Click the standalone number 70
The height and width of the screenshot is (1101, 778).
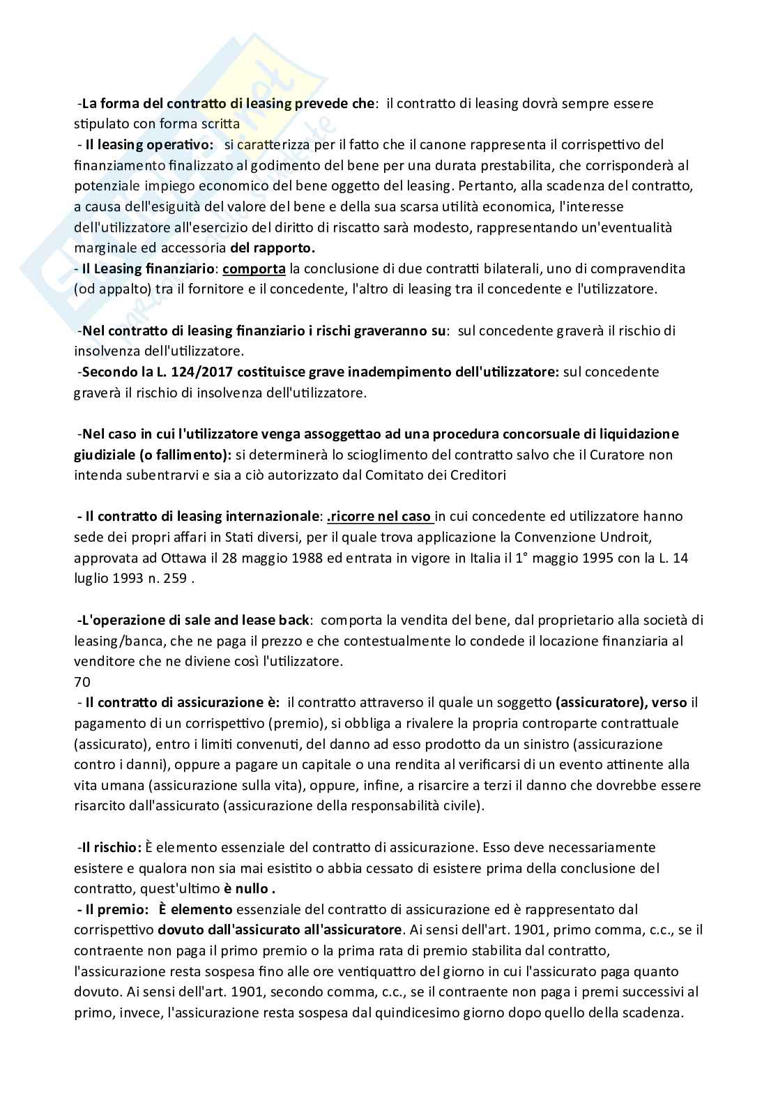82,682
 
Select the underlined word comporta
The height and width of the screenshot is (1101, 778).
254,268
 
